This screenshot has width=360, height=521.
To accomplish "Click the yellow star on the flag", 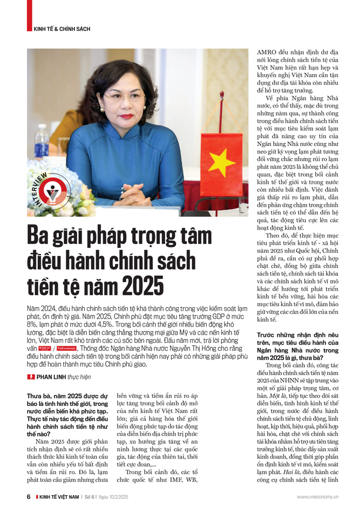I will (x=222, y=164).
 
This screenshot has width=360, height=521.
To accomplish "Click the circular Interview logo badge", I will (x=52, y=191).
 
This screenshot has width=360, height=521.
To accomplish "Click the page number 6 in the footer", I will (x=29, y=497).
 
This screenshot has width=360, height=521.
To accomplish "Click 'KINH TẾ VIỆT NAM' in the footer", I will (x=59, y=497).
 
